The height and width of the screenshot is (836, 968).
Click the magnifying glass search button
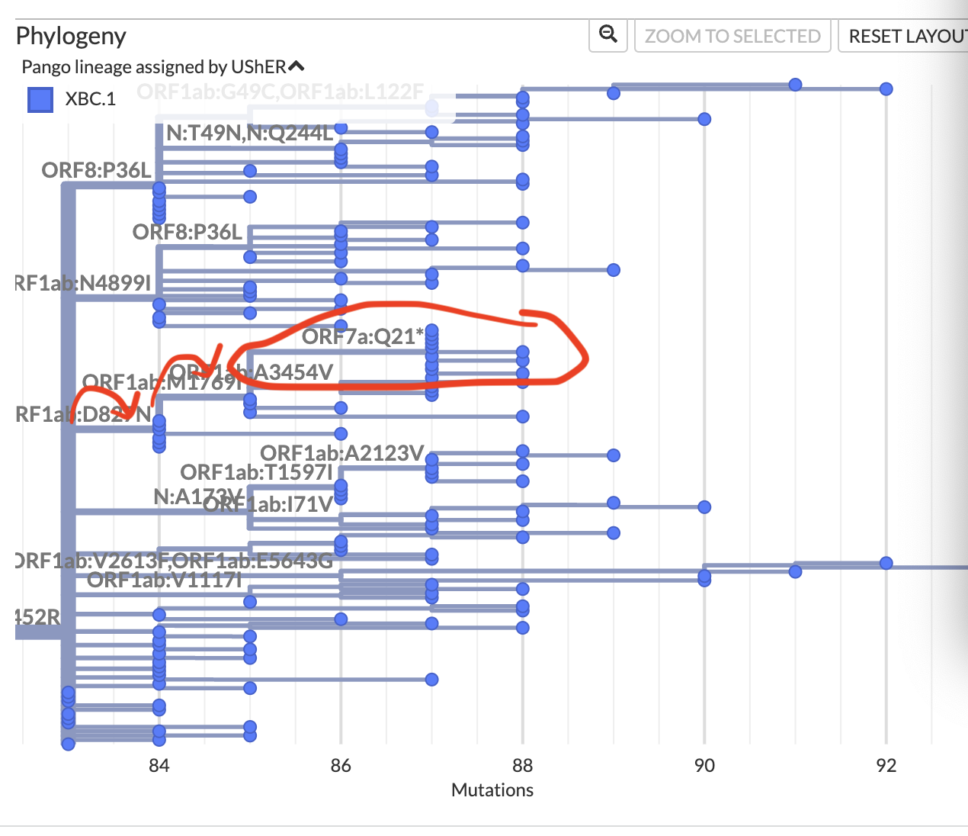[608, 34]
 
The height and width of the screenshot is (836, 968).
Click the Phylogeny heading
[71, 36]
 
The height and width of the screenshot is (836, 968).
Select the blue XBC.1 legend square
[40, 99]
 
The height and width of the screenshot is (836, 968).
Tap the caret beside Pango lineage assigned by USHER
[296, 66]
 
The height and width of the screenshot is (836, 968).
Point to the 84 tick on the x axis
[159, 765]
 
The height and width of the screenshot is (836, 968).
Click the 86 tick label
[341, 765]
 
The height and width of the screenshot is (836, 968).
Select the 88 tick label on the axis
[522, 765]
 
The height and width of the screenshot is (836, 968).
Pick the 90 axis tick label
[704, 765]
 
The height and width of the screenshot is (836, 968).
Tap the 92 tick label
[886, 765]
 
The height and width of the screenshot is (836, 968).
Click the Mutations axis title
[492, 789]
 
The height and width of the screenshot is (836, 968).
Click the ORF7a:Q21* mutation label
[363, 336]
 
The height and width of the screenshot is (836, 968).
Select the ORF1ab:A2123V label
[341, 453]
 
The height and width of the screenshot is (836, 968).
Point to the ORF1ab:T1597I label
[256, 472]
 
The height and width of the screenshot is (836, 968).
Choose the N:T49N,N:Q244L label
[250, 133]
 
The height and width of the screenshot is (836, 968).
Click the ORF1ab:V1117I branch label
[165, 580]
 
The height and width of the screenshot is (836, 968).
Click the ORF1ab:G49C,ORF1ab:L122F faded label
[280, 92]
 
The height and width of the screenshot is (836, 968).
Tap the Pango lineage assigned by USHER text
[153, 67]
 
